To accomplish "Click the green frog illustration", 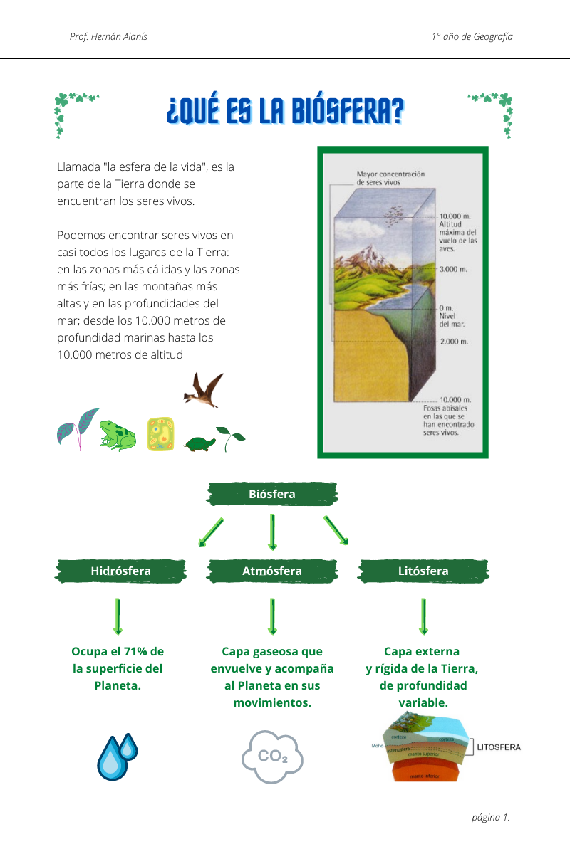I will (x=118, y=435).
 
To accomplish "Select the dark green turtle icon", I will (x=199, y=444).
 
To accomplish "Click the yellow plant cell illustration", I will (x=160, y=434).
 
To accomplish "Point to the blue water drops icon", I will (x=117, y=757).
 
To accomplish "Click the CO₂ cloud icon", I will (x=272, y=757).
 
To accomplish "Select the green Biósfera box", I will (x=272, y=494).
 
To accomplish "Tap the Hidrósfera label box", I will (x=120, y=571).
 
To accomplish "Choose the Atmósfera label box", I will (x=272, y=571).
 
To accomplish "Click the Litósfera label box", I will (x=423, y=571).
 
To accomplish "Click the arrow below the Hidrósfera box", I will (x=118, y=616).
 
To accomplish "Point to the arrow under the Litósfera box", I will (x=423, y=616).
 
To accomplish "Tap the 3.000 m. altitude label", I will (x=453, y=269).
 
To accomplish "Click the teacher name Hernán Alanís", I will (x=123, y=36).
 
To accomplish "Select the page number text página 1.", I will (x=490, y=817).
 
